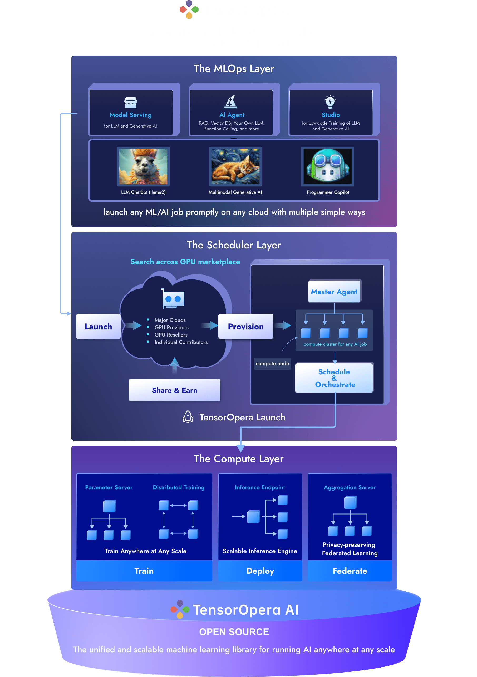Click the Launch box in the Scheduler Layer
(x=98, y=327)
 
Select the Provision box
(x=245, y=327)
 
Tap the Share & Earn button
(x=174, y=390)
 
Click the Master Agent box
(x=334, y=292)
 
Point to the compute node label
(x=272, y=364)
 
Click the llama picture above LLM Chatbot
(x=143, y=167)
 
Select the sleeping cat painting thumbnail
(x=235, y=167)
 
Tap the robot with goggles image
(x=328, y=167)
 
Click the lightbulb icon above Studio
(x=330, y=102)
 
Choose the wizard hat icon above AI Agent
(x=231, y=102)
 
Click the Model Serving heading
(x=131, y=115)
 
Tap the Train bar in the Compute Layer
(x=144, y=571)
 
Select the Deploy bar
(x=260, y=571)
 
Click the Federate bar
(x=350, y=571)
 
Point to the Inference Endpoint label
(x=260, y=487)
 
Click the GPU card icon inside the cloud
(x=173, y=299)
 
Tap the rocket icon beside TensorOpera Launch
(x=188, y=417)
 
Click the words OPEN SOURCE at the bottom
(x=234, y=632)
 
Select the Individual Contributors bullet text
(x=181, y=342)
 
